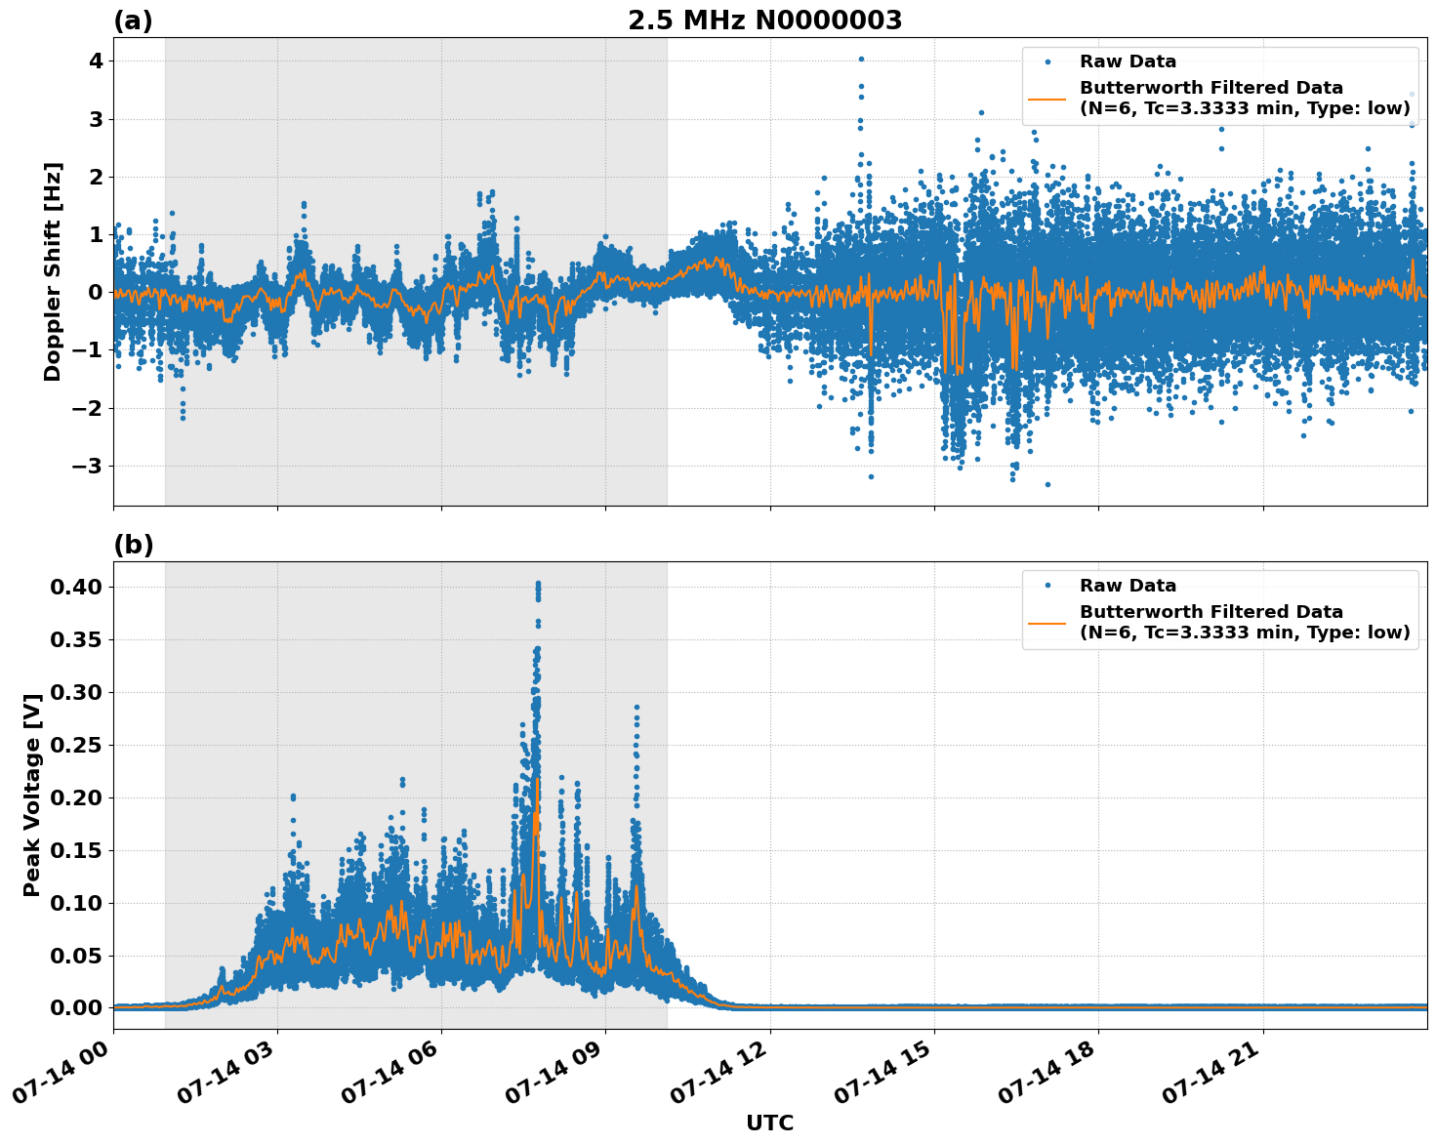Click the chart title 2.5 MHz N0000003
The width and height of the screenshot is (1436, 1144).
[x=764, y=20]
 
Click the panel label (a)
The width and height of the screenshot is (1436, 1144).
[x=133, y=20]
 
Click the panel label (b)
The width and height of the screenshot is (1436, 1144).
[x=133, y=545]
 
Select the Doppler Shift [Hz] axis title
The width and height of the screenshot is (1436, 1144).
[x=53, y=271]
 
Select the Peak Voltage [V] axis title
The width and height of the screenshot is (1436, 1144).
[x=32, y=795]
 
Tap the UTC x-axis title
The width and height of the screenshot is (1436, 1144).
[x=769, y=1123]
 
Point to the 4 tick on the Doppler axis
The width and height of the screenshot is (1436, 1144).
[x=96, y=61]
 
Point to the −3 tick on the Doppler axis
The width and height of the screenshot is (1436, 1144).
[x=89, y=466]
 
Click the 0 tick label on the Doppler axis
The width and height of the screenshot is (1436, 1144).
[x=96, y=292]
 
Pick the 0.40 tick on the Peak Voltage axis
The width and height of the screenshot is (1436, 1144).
[x=78, y=587]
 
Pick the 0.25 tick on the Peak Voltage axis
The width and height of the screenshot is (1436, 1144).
[x=78, y=745]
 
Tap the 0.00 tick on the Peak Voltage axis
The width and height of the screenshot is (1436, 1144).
[x=78, y=1007]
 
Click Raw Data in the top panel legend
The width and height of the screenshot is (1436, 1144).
[x=1128, y=61]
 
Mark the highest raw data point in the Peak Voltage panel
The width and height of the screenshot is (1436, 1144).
[x=538, y=584]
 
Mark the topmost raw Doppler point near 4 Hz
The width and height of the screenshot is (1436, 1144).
[x=861, y=59]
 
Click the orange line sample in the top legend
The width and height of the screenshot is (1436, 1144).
[x=1047, y=98]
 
